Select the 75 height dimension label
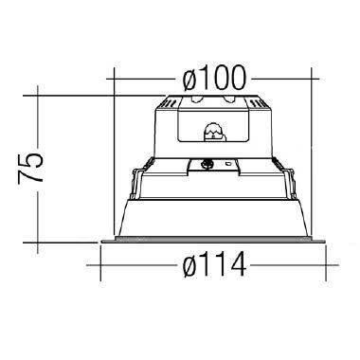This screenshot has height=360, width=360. coord(30,167)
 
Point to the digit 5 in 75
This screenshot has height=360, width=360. coord(30,156)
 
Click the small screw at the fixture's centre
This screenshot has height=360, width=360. coord(208,162)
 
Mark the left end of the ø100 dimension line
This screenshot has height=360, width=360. coord(113,76)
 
